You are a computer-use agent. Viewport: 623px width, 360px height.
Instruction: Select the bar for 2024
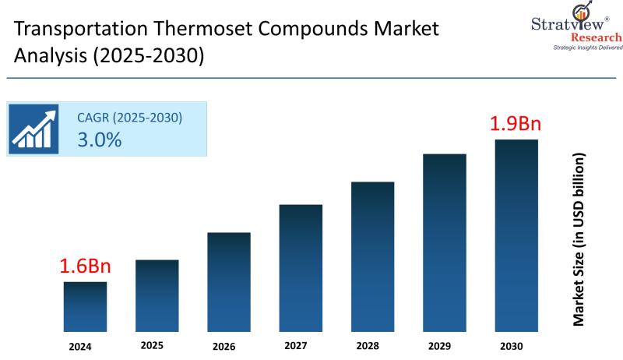pos(86,307)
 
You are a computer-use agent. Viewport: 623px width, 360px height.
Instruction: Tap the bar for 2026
pos(229,282)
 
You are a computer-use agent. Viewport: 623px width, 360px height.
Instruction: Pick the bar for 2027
pos(301,268)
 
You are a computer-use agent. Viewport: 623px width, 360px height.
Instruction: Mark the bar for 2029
pos(445,243)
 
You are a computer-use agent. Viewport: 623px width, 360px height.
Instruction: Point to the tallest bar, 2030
pos(516,236)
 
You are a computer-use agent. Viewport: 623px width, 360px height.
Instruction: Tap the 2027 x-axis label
pos(296,344)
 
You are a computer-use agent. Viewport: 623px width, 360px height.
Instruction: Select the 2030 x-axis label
pos(512,346)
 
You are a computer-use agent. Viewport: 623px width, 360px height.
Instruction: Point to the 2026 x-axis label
pos(224,346)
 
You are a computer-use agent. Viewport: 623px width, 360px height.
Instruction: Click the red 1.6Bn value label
pos(86,266)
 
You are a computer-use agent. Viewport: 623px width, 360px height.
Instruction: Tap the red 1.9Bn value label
pos(515,123)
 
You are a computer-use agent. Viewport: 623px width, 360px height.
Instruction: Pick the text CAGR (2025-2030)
pos(129,118)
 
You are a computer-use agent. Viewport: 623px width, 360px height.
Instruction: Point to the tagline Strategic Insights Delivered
pos(577,48)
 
